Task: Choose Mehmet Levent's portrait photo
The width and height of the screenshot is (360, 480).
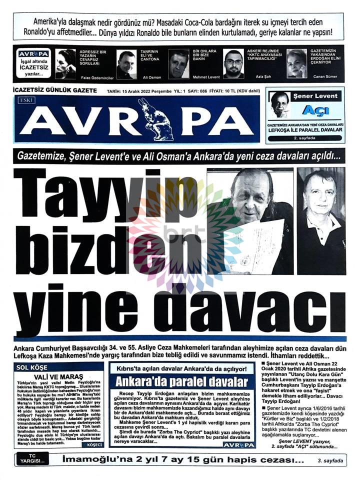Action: click(x=178, y=63)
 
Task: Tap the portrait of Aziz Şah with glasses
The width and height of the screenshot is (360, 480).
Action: click(x=233, y=63)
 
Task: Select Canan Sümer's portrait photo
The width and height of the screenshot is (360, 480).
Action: click(x=296, y=63)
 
